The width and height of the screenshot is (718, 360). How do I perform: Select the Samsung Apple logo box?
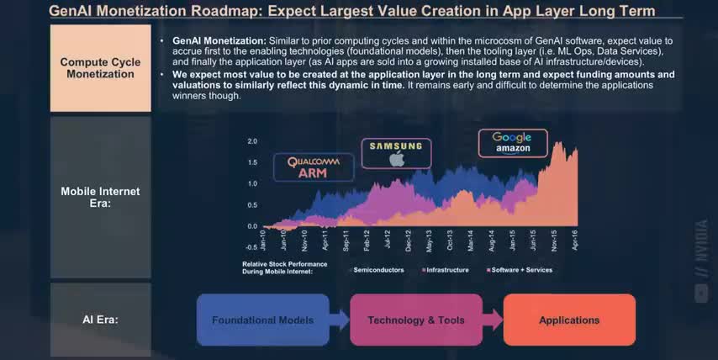coord(397,153)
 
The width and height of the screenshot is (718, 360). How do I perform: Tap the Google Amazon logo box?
coord(513,143)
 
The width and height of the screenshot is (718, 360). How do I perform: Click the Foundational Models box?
coord(262,320)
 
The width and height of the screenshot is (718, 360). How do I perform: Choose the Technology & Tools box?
coord(416,320)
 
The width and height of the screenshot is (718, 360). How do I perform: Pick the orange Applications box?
coord(569,320)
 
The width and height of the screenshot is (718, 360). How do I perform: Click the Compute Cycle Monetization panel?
coord(101,68)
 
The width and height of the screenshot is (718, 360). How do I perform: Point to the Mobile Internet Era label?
coord(101,198)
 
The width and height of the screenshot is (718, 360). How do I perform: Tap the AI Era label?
coord(101,320)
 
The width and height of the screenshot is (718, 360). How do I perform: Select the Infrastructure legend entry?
coord(446,270)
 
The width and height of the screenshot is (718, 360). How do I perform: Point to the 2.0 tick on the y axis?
coord(252,141)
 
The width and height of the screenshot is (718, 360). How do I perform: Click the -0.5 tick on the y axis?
coord(251,247)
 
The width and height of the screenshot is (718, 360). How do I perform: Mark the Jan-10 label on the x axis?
coord(263,242)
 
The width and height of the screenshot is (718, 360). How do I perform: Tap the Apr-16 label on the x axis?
coord(577,242)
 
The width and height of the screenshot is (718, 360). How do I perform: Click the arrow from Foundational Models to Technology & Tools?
coord(339,320)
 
